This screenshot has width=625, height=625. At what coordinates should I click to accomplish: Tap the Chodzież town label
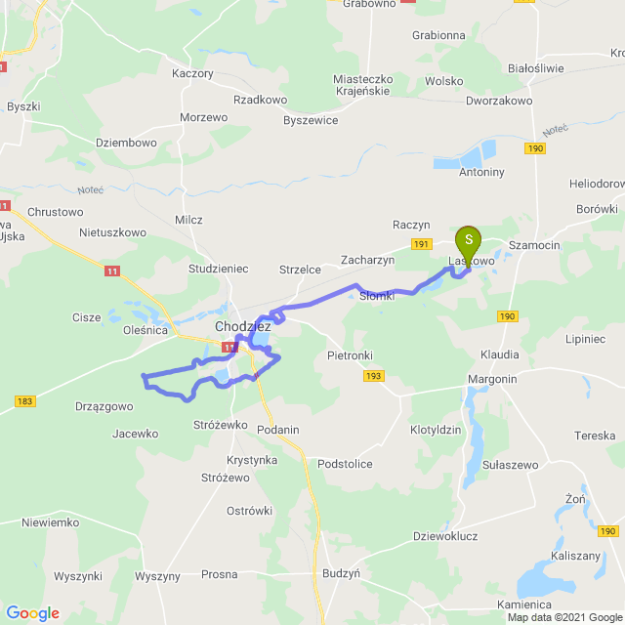tap(242, 327)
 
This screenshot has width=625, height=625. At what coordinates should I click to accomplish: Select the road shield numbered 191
tap(421, 244)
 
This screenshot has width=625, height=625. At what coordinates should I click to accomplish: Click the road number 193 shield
tap(374, 375)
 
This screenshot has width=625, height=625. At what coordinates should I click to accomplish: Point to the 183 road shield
tap(25, 401)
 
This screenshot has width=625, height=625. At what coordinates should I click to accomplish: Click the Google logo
tap(32, 613)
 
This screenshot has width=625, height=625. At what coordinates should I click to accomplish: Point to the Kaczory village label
tap(191, 73)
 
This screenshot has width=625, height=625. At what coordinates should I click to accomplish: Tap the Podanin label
tap(278, 430)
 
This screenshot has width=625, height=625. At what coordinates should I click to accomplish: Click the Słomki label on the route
tap(377, 296)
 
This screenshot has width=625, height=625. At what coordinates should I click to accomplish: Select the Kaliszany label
tap(550, 554)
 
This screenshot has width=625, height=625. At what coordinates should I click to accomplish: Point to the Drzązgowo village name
tap(104, 406)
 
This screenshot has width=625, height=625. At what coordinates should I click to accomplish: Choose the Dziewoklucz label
tap(445, 535)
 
